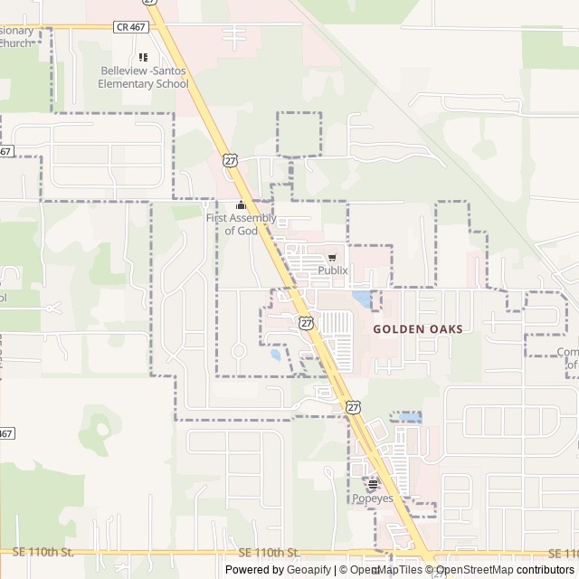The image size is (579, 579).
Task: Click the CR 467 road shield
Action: (x=131, y=27)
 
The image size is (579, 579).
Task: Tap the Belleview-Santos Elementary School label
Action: (x=144, y=78)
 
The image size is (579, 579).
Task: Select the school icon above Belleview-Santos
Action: (x=143, y=57)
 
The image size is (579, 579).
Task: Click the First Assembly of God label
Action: (x=242, y=224)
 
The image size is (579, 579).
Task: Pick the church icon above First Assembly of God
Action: (x=241, y=205)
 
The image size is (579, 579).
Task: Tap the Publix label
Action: (x=332, y=270)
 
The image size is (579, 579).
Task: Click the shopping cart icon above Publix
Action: (x=332, y=257)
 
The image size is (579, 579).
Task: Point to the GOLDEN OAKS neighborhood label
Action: (x=418, y=329)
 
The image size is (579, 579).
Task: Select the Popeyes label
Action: (x=372, y=498)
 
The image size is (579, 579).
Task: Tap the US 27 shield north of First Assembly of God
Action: (x=231, y=160)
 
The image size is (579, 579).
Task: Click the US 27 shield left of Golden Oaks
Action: (x=308, y=323)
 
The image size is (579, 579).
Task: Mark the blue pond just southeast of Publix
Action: (x=362, y=297)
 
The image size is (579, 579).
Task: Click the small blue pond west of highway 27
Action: (x=275, y=355)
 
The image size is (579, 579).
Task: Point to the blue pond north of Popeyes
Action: (x=407, y=417)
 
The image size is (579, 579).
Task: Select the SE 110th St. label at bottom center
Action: (x=270, y=552)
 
